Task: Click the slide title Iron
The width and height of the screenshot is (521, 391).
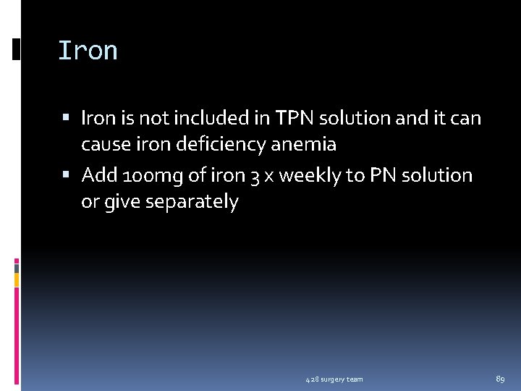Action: click(x=88, y=51)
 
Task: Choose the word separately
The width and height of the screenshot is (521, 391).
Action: click(x=192, y=202)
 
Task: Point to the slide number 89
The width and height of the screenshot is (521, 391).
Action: click(x=500, y=379)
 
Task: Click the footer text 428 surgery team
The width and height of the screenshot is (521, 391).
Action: click(x=334, y=379)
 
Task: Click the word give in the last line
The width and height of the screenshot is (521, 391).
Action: click(x=122, y=202)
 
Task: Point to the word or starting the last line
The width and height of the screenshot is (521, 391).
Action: click(x=90, y=202)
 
